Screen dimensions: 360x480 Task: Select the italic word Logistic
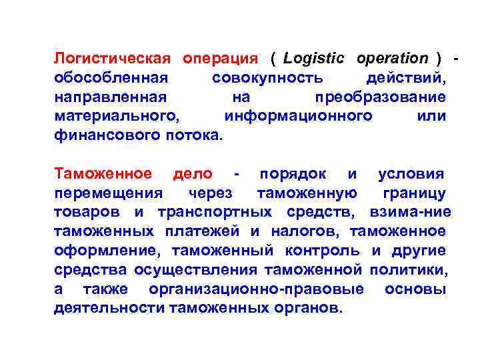[315, 59]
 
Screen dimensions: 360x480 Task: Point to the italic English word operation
[392, 59]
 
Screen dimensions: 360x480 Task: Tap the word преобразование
[381, 97]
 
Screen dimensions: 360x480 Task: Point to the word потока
[193, 136]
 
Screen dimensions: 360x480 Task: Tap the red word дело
[193, 174]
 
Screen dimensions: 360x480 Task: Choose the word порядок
[293, 174]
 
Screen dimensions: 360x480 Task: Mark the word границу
[414, 193]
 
